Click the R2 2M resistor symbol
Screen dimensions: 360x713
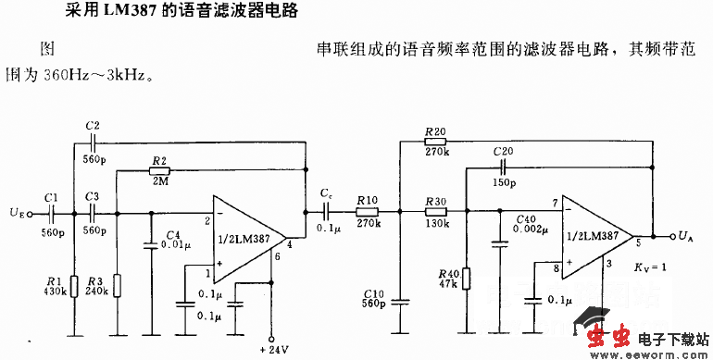point(158,171)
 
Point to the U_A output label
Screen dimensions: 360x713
point(684,236)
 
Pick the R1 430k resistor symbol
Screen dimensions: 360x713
point(71,284)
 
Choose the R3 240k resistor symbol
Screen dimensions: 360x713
point(118,284)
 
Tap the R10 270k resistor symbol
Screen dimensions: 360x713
point(365,212)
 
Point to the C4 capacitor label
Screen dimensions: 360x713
point(172,235)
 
